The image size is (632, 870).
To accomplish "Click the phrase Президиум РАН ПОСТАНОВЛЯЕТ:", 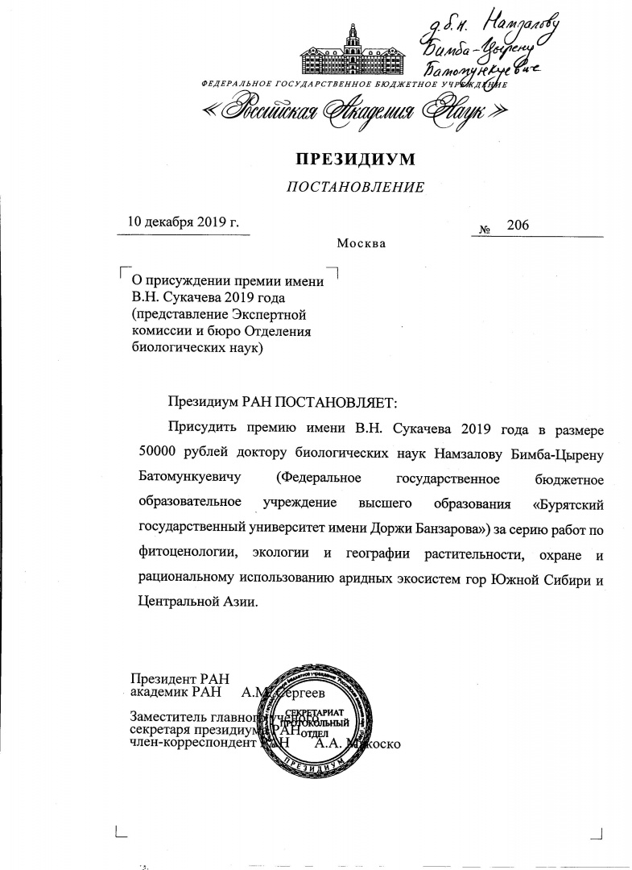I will click(x=283, y=400).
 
